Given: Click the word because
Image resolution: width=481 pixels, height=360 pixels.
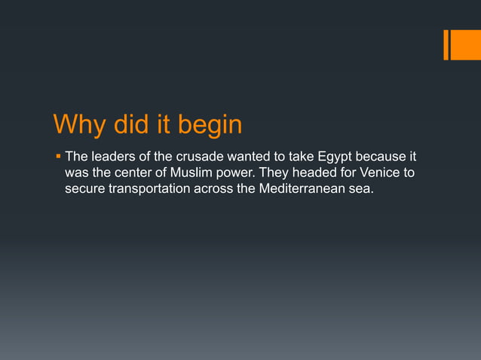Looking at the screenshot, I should click(x=377, y=157).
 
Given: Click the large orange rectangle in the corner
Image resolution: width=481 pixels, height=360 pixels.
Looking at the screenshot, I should click(x=466, y=44).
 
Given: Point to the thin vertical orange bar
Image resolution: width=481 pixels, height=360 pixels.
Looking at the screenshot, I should click(x=446, y=44).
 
